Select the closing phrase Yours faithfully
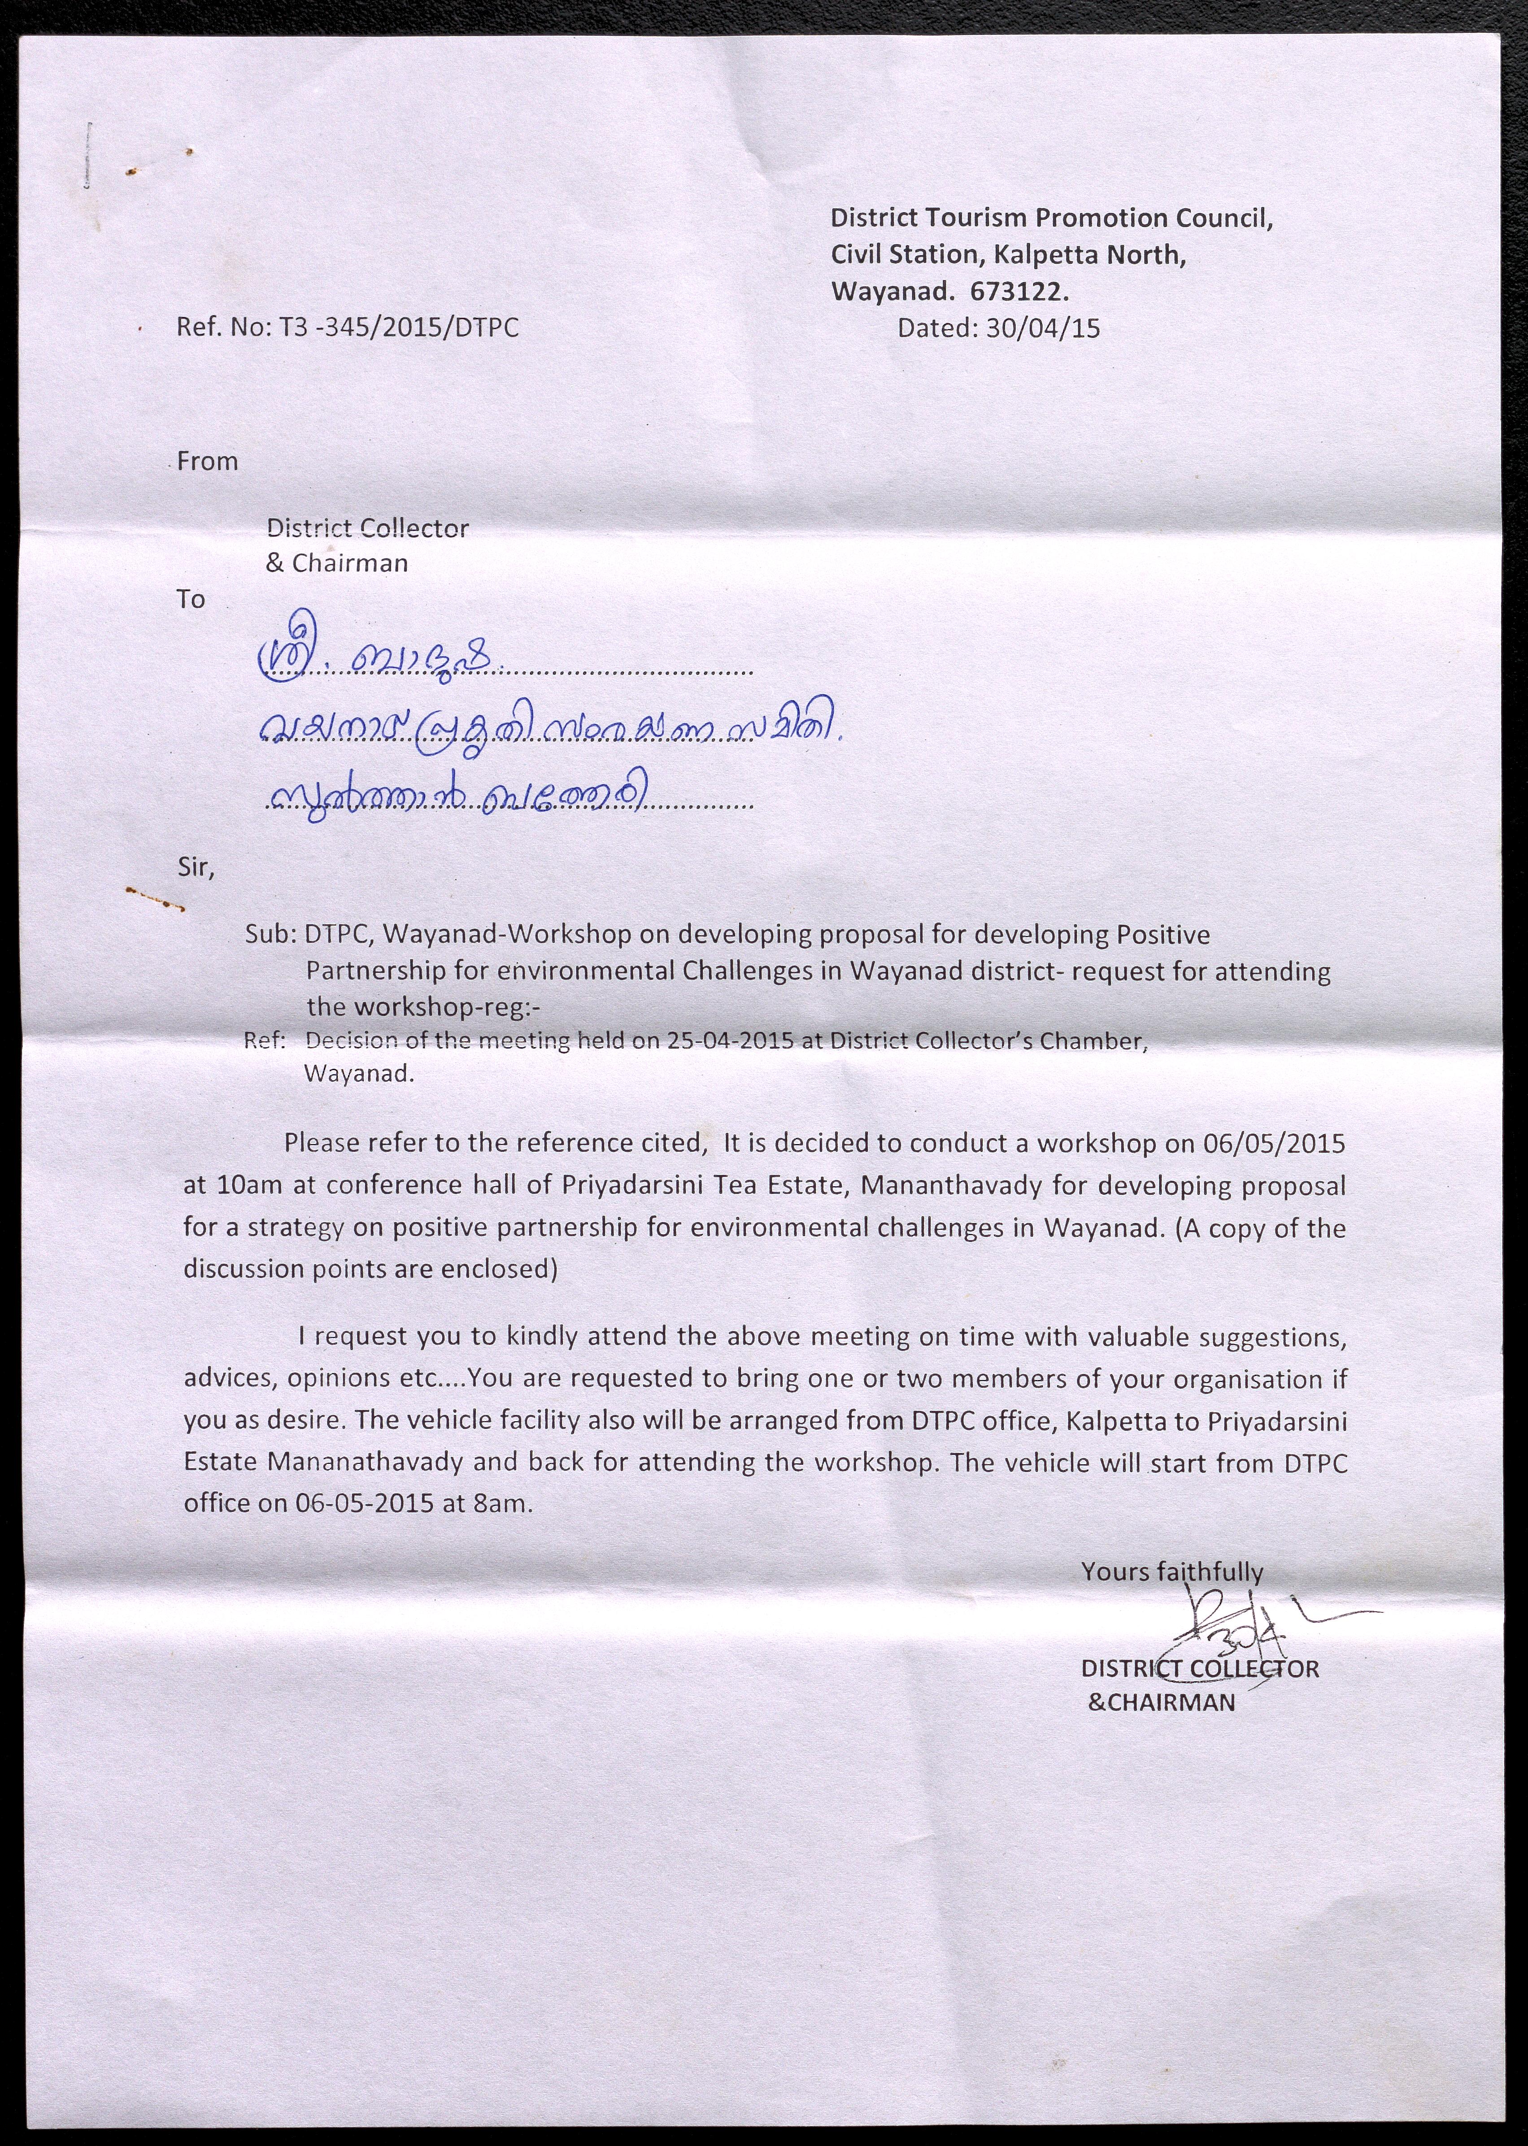(1171, 1571)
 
